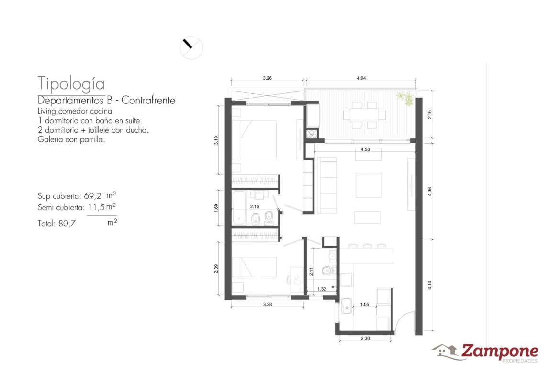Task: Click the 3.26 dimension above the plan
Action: [x=267, y=78]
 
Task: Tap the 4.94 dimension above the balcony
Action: [x=361, y=78]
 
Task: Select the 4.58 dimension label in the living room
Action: [x=365, y=149]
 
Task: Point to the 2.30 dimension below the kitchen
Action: [x=365, y=338]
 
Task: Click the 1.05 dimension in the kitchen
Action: [x=364, y=305]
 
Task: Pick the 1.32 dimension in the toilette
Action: [x=322, y=289]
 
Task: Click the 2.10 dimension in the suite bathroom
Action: [x=254, y=206]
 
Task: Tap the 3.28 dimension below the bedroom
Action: [x=267, y=305]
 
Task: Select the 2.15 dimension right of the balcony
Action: [x=430, y=114]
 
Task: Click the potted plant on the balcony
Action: [x=405, y=98]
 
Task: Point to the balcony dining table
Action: [x=364, y=115]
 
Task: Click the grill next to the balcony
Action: [x=312, y=134]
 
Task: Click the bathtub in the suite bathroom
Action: [x=238, y=208]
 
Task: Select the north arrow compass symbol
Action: [x=191, y=48]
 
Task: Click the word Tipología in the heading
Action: [x=71, y=84]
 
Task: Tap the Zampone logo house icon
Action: [x=445, y=352]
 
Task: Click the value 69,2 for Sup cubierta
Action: [x=92, y=196]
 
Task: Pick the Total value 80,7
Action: [x=67, y=223]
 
